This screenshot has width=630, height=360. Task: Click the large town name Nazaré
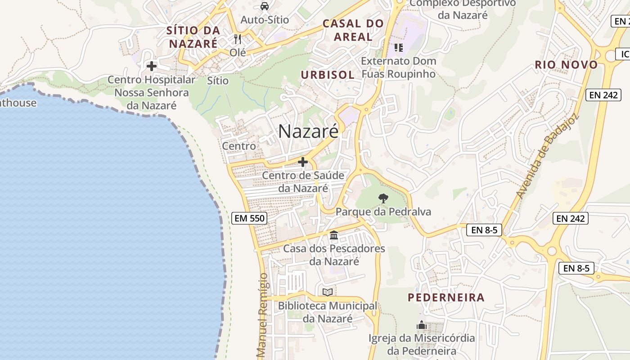[308, 131]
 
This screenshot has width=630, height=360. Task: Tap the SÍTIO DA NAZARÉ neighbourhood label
[193, 37]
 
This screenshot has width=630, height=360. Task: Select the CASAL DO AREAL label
[353, 30]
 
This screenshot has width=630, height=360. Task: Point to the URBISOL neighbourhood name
[328, 75]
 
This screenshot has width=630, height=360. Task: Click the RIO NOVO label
[566, 65]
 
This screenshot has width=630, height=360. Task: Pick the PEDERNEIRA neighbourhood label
[446, 297]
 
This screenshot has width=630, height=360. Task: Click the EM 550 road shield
[250, 219]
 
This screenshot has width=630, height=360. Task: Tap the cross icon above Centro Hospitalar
[152, 66]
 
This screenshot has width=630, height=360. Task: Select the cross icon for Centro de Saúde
[303, 162]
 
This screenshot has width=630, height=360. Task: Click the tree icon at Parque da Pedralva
[383, 198]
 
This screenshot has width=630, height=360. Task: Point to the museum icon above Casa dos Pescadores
[334, 235]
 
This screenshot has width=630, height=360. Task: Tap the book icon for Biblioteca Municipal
[328, 292]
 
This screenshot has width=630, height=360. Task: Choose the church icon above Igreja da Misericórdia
[421, 324]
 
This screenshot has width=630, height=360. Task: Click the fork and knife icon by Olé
[238, 39]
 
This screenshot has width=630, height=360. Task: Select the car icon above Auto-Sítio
[265, 6]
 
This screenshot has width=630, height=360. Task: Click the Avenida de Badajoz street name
[547, 156]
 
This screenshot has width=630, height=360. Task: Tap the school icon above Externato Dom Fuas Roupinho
[398, 47]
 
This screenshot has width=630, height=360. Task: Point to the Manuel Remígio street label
[263, 315]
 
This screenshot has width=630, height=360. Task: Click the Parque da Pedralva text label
[383, 211]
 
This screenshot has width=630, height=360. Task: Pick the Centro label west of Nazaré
[239, 146]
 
